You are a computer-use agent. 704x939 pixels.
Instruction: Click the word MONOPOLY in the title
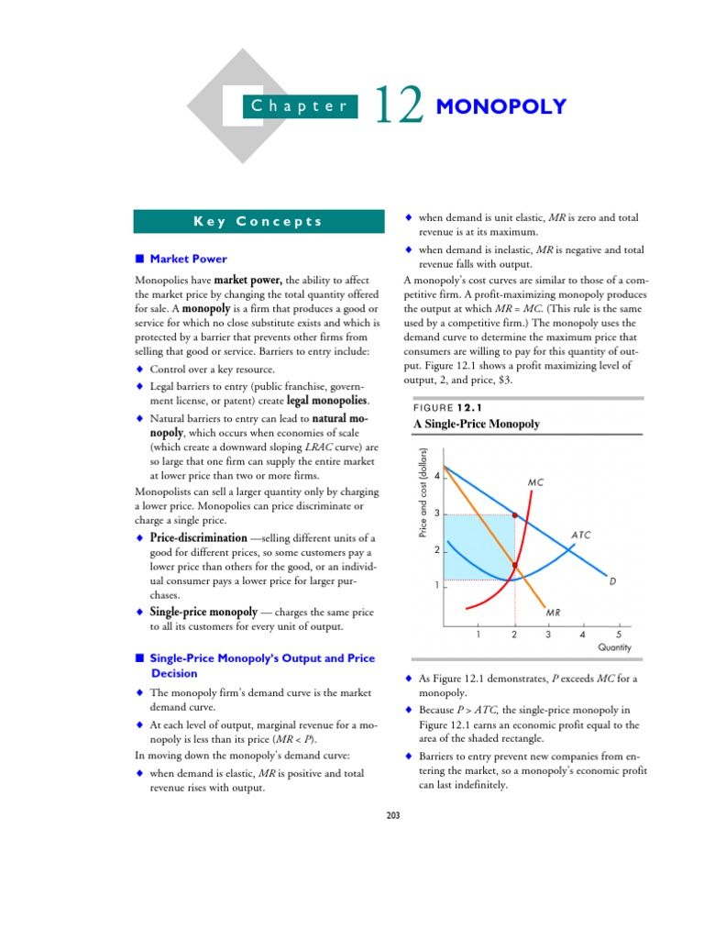501,107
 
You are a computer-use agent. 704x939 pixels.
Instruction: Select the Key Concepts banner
258,221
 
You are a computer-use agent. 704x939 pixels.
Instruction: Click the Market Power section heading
188,259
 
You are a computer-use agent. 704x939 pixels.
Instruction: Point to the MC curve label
536,482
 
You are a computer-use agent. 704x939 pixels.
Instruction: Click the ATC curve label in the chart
581,534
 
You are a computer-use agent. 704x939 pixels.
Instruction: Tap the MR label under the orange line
553,612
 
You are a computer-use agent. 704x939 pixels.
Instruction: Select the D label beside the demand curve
612,580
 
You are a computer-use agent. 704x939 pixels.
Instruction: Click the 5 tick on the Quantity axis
618,634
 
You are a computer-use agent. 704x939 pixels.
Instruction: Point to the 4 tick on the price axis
437,477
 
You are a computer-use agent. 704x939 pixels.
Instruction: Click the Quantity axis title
614,647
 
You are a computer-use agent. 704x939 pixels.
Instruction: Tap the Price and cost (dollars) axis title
423,505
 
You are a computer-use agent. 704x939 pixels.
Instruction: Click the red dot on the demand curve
514,516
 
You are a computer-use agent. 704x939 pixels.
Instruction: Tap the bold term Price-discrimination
198,537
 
